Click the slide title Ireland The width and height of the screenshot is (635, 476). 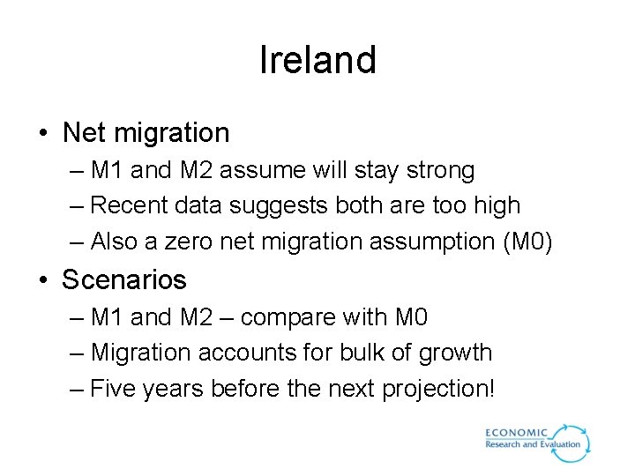click(x=317, y=61)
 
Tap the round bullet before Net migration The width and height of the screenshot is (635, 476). click(x=43, y=134)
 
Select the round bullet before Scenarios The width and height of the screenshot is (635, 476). click(x=43, y=281)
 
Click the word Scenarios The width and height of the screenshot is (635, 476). click(x=124, y=280)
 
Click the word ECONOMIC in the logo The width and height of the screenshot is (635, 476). click(x=517, y=433)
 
